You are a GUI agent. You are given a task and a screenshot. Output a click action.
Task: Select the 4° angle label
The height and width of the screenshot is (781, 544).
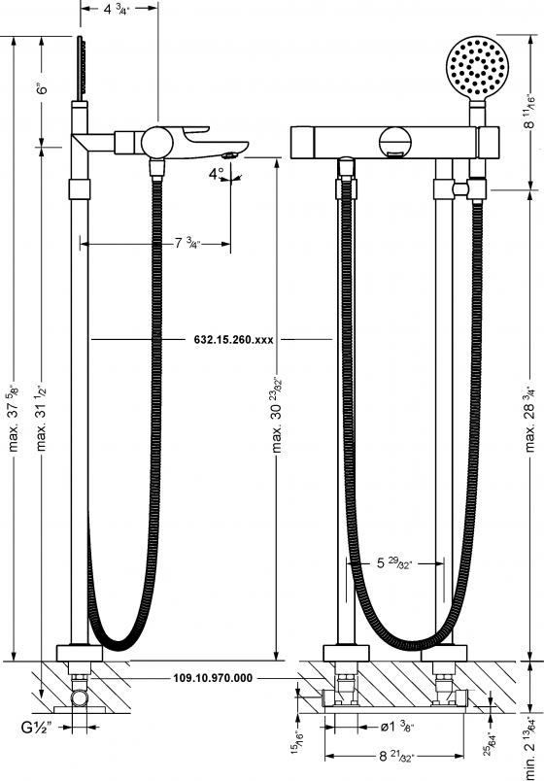[216, 174]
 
